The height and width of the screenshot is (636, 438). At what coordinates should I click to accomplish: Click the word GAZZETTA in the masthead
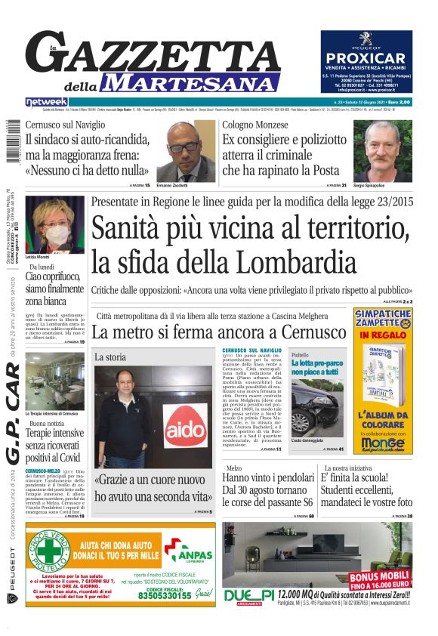point(162,56)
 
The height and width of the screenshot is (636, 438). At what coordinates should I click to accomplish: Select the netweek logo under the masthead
point(47,102)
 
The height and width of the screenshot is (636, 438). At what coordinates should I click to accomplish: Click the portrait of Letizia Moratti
point(54,225)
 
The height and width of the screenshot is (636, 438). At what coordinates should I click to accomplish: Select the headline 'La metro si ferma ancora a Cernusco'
point(219,332)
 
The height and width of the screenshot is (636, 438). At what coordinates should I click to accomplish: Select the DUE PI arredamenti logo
point(249,597)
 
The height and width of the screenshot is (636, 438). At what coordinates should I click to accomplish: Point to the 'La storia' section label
point(110,357)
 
